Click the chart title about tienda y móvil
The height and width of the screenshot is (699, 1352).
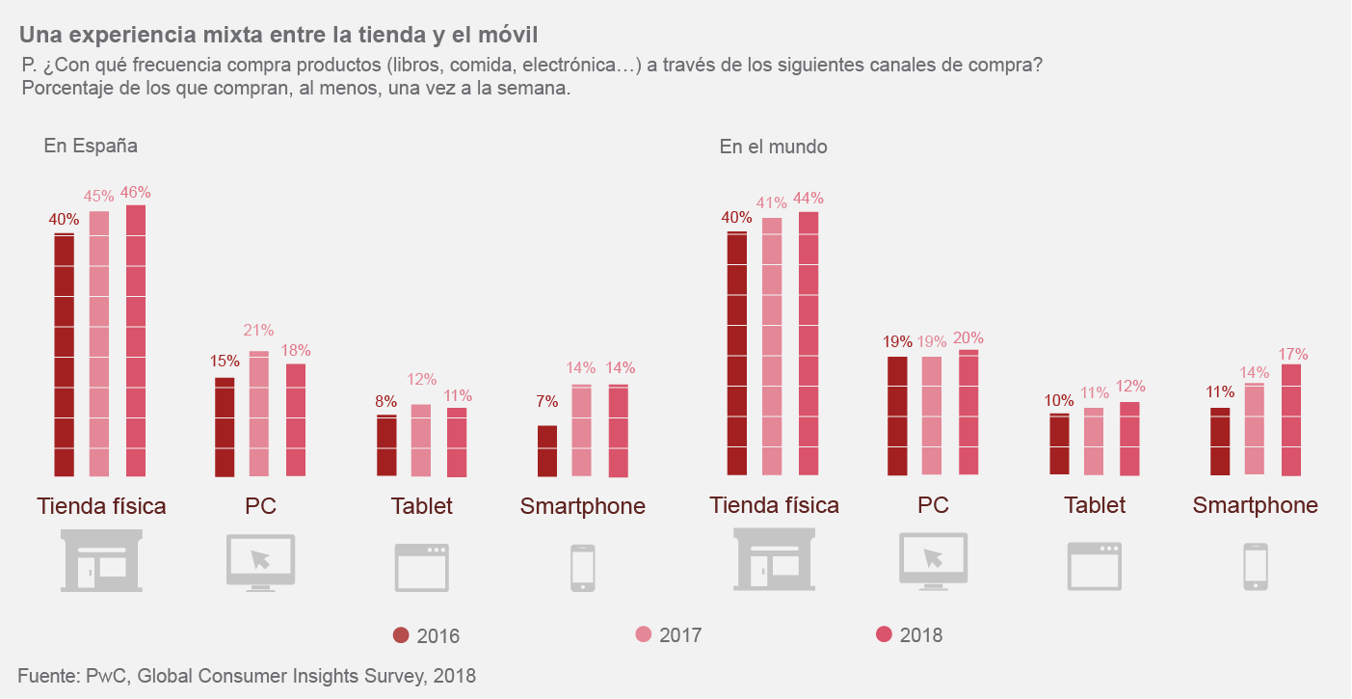click(278, 35)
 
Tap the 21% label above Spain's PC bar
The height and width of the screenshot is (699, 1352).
click(258, 330)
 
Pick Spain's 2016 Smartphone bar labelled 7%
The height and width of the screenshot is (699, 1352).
click(547, 450)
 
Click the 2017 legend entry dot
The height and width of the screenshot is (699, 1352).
click(644, 634)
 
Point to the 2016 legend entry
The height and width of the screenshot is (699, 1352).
click(426, 635)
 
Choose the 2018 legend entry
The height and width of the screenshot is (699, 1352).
click(909, 634)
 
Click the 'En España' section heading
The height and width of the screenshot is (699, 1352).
click(91, 147)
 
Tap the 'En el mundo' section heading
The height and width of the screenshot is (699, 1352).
click(773, 147)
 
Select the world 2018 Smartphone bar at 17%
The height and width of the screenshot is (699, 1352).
click(1291, 419)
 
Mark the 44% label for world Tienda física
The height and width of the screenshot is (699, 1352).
click(809, 199)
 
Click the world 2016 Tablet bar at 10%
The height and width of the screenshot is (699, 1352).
click(1059, 444)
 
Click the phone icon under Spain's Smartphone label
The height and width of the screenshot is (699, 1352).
click(582, 567)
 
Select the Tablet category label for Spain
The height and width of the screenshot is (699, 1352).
click(421, 506)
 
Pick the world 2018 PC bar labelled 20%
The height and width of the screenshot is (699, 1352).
click(968, 412)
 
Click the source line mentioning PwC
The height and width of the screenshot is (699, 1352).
click(247, 676)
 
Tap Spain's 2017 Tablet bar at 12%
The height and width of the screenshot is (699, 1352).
click(421, 440)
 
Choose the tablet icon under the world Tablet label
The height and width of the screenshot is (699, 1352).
click(1094, 566)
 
